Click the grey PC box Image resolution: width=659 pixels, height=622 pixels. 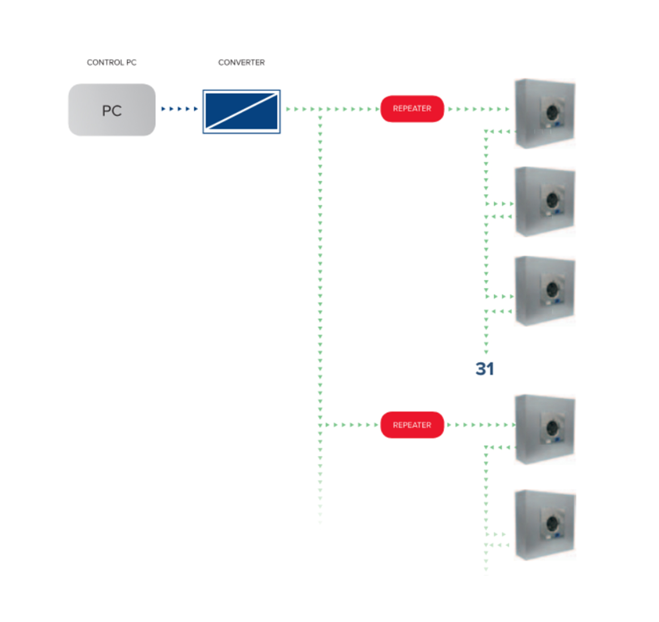tap(112, 110)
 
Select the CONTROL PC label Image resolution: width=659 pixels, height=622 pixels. tap(111, 62)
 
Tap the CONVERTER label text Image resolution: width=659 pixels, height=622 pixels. tap(241, 62)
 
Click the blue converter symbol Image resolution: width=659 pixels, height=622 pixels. tap(242, 111)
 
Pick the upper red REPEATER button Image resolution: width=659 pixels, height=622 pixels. tap(412, 108)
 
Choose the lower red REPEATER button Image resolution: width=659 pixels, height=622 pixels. tap(412, 425)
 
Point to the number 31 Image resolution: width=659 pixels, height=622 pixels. tap(485, 369)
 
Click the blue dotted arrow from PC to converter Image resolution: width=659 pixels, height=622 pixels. tap(179, 109)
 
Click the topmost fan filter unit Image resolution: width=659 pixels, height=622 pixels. tap(545, 113)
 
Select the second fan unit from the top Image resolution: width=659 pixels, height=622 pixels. tap(545, 202)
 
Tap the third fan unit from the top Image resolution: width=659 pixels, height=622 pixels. tap(545, 291)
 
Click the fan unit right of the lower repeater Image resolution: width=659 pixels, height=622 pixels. tap(545, 430)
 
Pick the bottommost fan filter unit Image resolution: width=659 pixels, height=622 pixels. tap(545, 525)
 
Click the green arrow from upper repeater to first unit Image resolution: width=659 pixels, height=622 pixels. tap(478, 109)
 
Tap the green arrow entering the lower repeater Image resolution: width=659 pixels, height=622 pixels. tap(349, 425)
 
